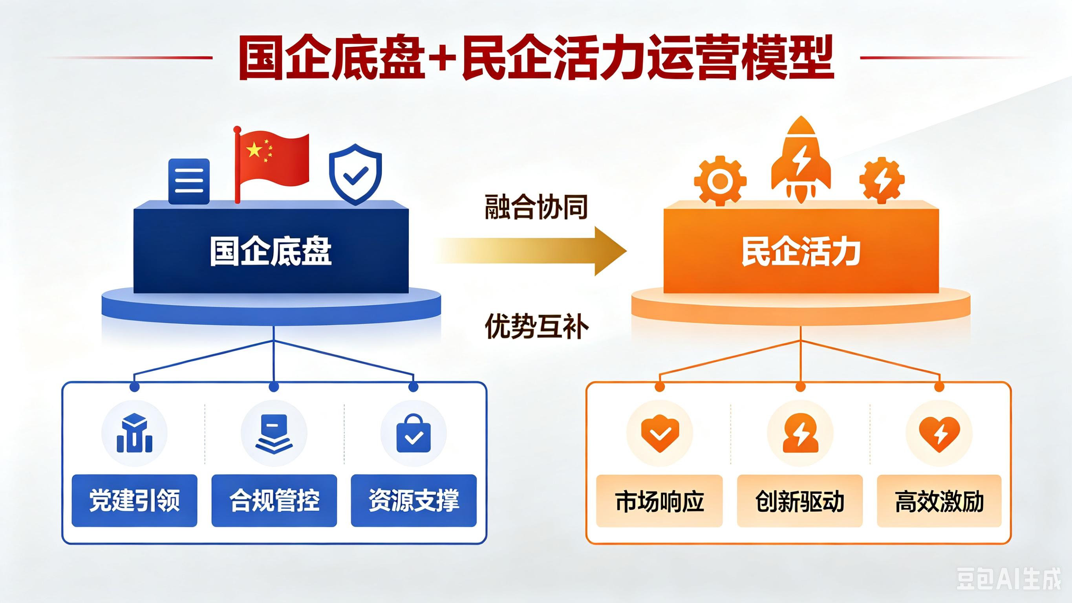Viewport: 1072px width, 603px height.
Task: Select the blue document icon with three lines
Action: (189, 181)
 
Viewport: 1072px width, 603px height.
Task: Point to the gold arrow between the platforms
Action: (531, 251)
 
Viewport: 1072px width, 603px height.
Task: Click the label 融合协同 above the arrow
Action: (536, 207)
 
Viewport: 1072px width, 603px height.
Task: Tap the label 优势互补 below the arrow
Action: (536, 326)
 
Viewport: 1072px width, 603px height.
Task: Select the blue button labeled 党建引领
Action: (134, 500)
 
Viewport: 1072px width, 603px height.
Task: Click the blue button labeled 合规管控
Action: (274, 500)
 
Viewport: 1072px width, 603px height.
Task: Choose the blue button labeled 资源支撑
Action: (413, 500)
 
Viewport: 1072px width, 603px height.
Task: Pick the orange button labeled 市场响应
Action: (660, 501)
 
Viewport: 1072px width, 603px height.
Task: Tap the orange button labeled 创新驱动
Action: (800, 501)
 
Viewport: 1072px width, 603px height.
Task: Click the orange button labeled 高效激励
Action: (939, 501)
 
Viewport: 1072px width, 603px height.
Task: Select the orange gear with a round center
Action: (720, 181)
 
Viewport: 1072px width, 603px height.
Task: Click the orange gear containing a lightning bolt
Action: (882, 181)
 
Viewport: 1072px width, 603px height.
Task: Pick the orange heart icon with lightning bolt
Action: (939, 434)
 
